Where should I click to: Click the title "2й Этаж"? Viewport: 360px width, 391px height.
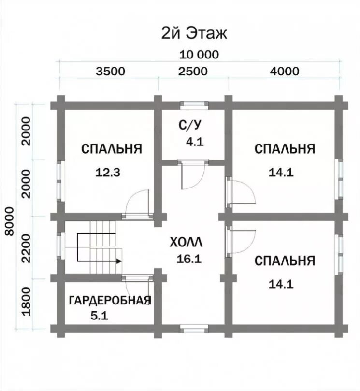click(x=194, y=33)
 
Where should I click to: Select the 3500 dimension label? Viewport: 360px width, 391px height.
click(x=111, y=72)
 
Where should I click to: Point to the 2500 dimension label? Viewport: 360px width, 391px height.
click(x=193, y=72)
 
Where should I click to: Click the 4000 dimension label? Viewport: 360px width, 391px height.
click(x=285, y=72)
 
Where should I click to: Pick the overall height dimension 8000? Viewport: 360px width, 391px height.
click(x=9, y=221)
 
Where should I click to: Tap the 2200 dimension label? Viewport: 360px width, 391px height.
click(x=27, y=247)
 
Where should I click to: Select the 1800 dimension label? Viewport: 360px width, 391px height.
click(x=27, y=301)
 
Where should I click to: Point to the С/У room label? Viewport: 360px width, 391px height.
click(x=189, y=126)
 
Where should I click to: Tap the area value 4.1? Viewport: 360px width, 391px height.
click(x=195, y=142)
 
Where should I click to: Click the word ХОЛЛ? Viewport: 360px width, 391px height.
click(x=186, y=242)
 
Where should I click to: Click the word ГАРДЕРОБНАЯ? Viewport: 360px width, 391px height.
click(x=110, y=301)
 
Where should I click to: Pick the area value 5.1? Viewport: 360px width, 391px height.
click(x=99, y=317)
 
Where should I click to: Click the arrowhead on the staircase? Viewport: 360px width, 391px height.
click(x=118, y=261)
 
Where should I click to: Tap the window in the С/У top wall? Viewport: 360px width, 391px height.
click(x=194, y=104)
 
